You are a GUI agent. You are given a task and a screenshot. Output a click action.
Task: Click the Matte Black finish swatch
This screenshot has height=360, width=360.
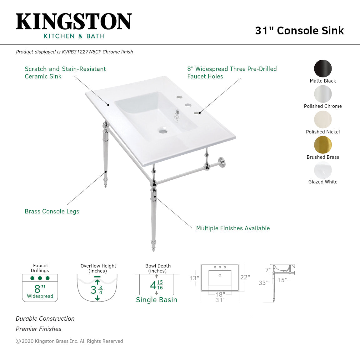tap(323, 68)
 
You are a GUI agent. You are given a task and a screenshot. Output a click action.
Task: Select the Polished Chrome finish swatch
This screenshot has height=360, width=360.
tap(323, 94)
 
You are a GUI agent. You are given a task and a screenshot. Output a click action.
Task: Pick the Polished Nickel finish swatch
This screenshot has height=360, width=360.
tap(323, 119)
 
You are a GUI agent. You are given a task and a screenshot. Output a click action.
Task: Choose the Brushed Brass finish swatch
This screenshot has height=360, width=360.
tap(323, 145)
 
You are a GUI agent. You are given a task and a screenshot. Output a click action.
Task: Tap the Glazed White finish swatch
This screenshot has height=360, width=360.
tap(323, 170)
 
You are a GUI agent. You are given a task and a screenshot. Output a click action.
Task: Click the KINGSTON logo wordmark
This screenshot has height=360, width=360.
tap(74, 22)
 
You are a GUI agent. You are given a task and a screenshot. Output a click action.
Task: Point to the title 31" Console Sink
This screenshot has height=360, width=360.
tap(299, 31)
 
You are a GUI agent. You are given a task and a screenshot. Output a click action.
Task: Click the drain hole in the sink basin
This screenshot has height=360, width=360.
tap(163, 131)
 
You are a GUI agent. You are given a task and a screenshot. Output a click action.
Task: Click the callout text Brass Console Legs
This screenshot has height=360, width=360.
tap(52, 212)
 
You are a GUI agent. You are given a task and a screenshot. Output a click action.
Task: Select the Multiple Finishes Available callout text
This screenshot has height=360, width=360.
tap(233, 228)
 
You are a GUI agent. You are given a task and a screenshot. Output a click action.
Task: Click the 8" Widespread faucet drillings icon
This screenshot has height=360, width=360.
tap(40, 288)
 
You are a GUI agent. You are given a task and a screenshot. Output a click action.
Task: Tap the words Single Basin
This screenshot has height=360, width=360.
tap(157, 300)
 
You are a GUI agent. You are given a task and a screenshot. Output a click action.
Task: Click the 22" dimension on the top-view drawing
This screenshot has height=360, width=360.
tap(245, 277)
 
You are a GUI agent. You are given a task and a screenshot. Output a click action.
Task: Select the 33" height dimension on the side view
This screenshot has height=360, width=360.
tap(263, 283)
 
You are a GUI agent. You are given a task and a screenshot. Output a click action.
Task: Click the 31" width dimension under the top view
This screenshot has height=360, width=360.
tap(220, 300)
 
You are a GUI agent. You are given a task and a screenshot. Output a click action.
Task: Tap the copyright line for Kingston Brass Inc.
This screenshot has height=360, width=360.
tap(69, 341)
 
